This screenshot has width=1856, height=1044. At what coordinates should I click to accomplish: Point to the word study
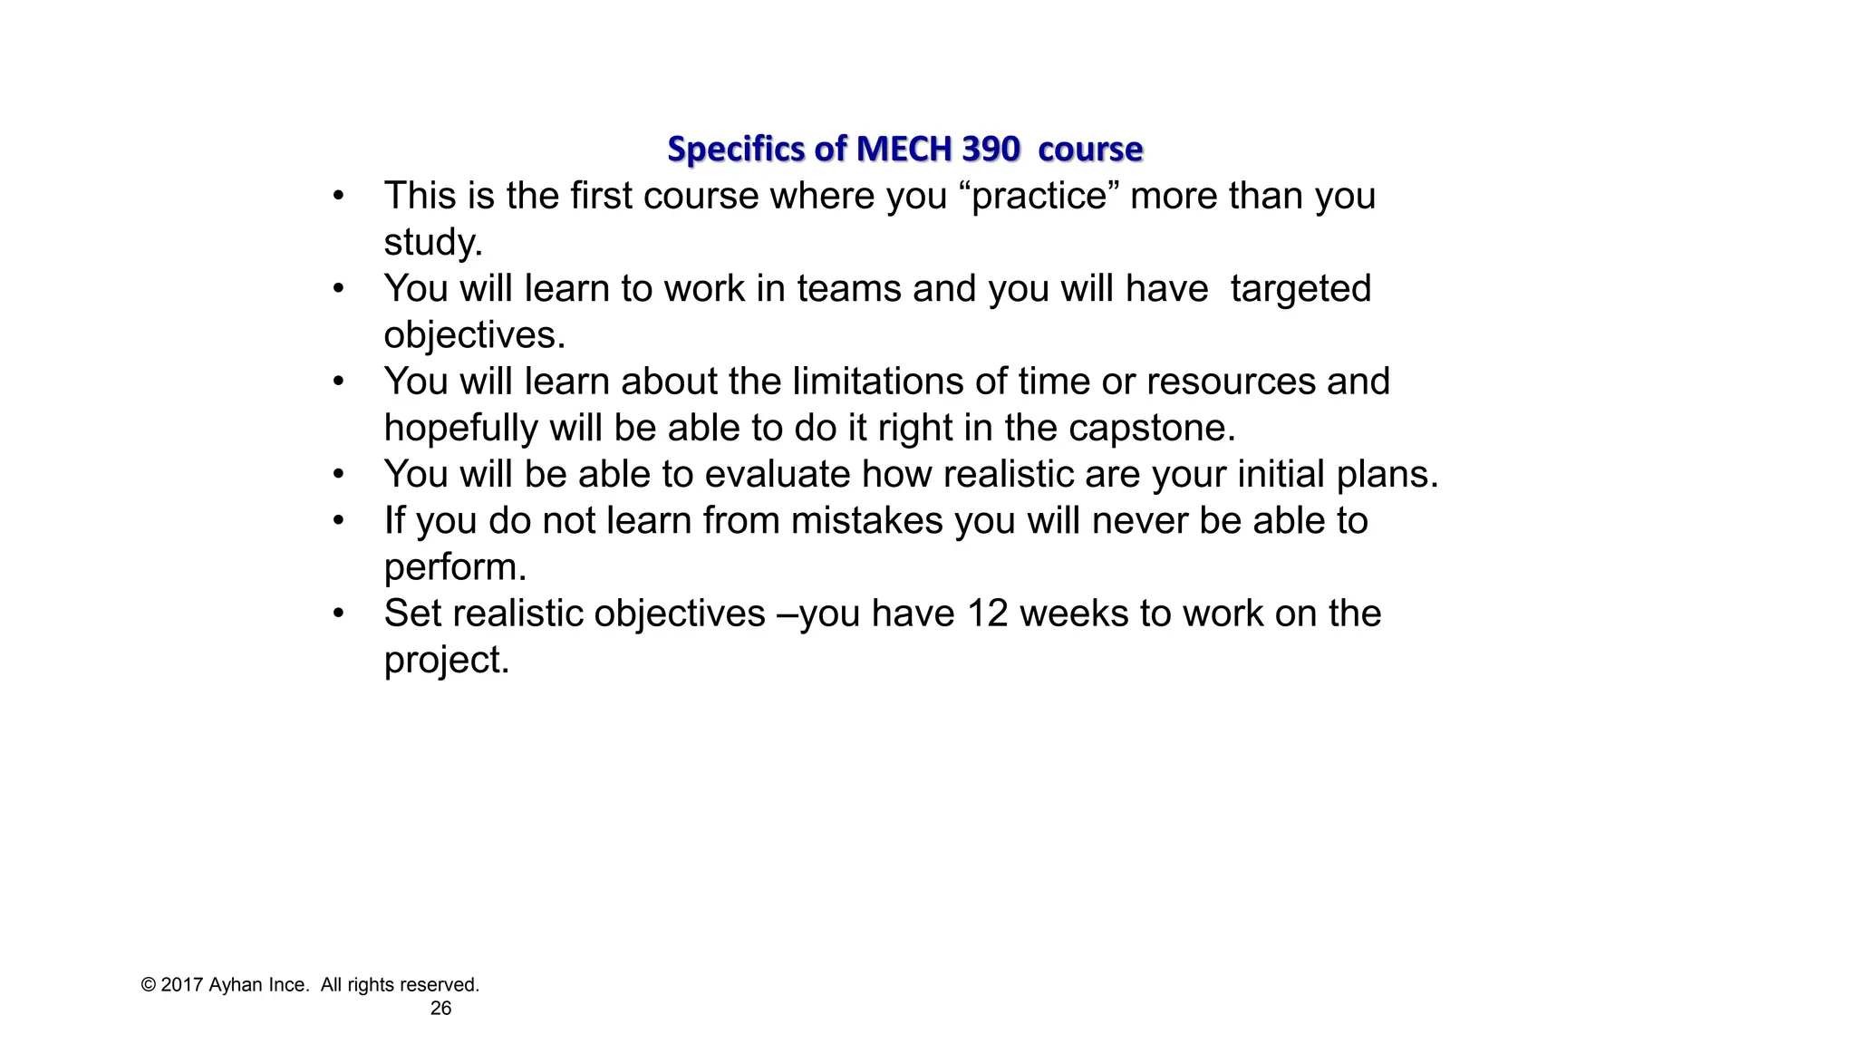coord(432,243)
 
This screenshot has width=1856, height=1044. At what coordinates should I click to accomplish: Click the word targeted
coord(1300,289)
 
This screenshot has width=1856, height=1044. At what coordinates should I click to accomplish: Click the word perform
coord(454,567)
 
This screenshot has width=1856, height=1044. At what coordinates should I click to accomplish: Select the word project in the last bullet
coord(446,661)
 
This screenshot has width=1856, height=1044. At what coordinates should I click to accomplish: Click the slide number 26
coord(440,1009)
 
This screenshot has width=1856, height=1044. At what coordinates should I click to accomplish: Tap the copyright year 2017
coord(181,985)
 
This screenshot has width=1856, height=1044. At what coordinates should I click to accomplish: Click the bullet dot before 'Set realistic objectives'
coord(338,614)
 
